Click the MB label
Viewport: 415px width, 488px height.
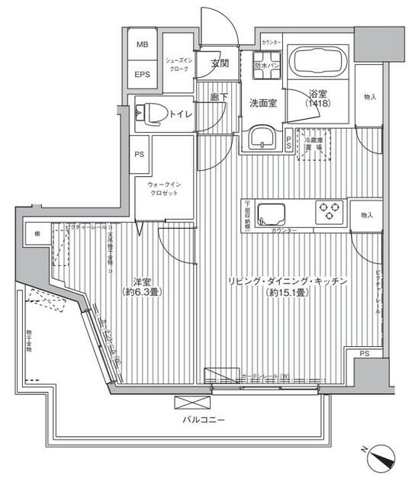click(x=142, y=44)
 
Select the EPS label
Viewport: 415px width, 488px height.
click(x=142, y=75)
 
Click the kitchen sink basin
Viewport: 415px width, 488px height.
click(x=271, y=212)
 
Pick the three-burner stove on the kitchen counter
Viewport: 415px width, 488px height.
click(x=330, y=210)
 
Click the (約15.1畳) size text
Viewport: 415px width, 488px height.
click(x=288, y=293)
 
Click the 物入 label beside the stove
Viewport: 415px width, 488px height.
click(x=367, y=216)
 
